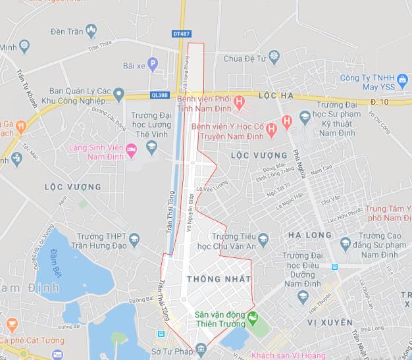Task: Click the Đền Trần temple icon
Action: [91, 30]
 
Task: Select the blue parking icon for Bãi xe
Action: [153, 64]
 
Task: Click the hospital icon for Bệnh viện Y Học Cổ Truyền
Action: [286, 121]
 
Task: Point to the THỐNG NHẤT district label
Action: [209, 279]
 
